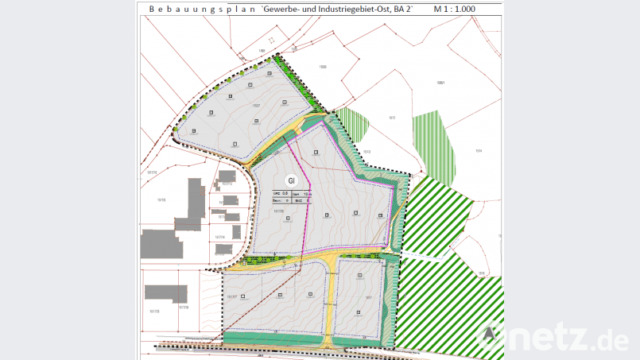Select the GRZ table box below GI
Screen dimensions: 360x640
[289, 197]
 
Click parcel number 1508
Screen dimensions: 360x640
[323, 67]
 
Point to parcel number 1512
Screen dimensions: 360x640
[392, 118]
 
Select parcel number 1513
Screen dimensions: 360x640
[367, 152]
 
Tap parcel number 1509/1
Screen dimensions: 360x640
[440, 82]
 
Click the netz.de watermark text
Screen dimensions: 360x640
[568, 339]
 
